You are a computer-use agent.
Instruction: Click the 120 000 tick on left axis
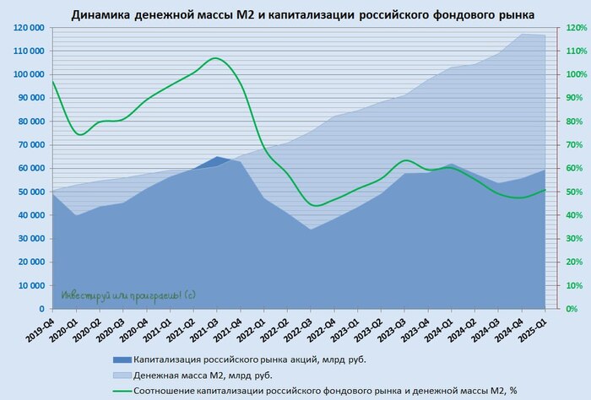click(x=29, y=28)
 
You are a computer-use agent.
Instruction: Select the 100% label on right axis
click(x=577, y=74)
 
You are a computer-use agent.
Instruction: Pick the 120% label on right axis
click(x=577, y=28)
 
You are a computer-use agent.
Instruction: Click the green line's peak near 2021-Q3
click(x=216, y=58)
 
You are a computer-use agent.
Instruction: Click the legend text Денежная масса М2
click(x=203, y=375)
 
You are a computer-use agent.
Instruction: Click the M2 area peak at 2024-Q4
click(x=521, y=34)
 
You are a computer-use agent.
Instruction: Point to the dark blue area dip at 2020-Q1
click(x=78, y=215)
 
